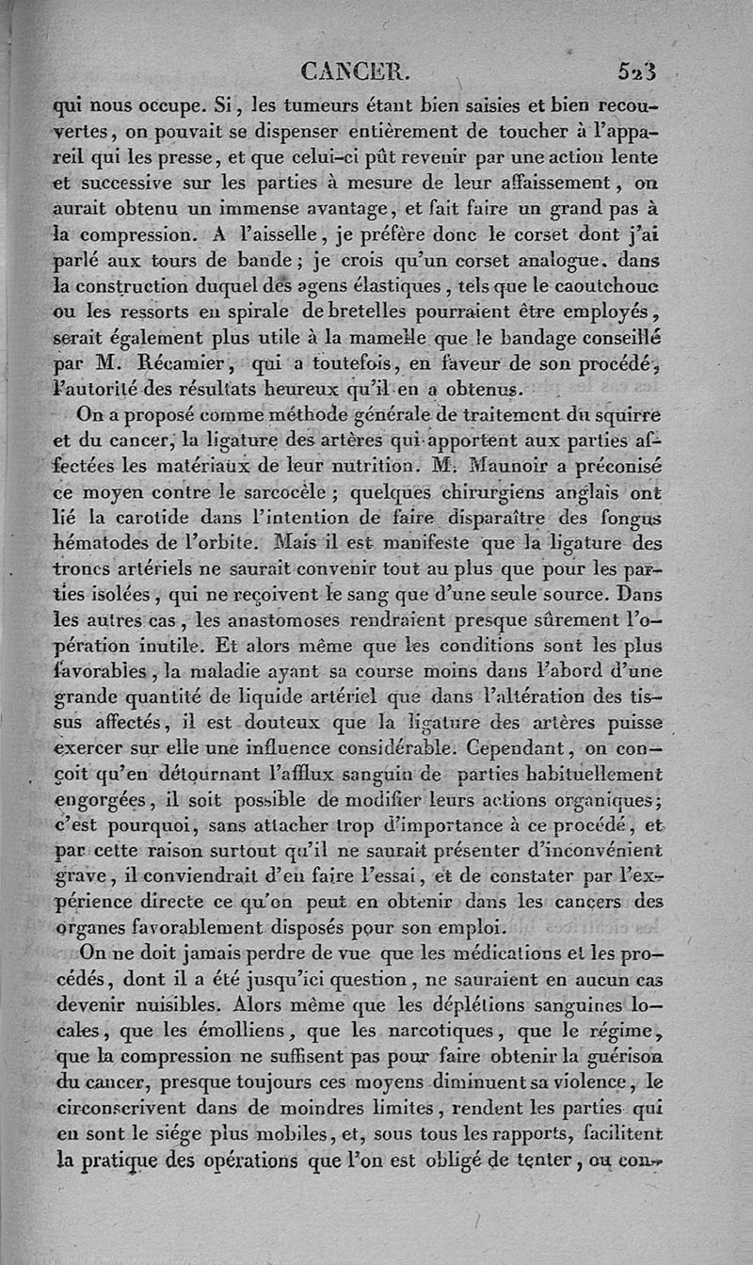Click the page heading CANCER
point(349,71)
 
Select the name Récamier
point(181,359)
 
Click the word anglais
point(553,489)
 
